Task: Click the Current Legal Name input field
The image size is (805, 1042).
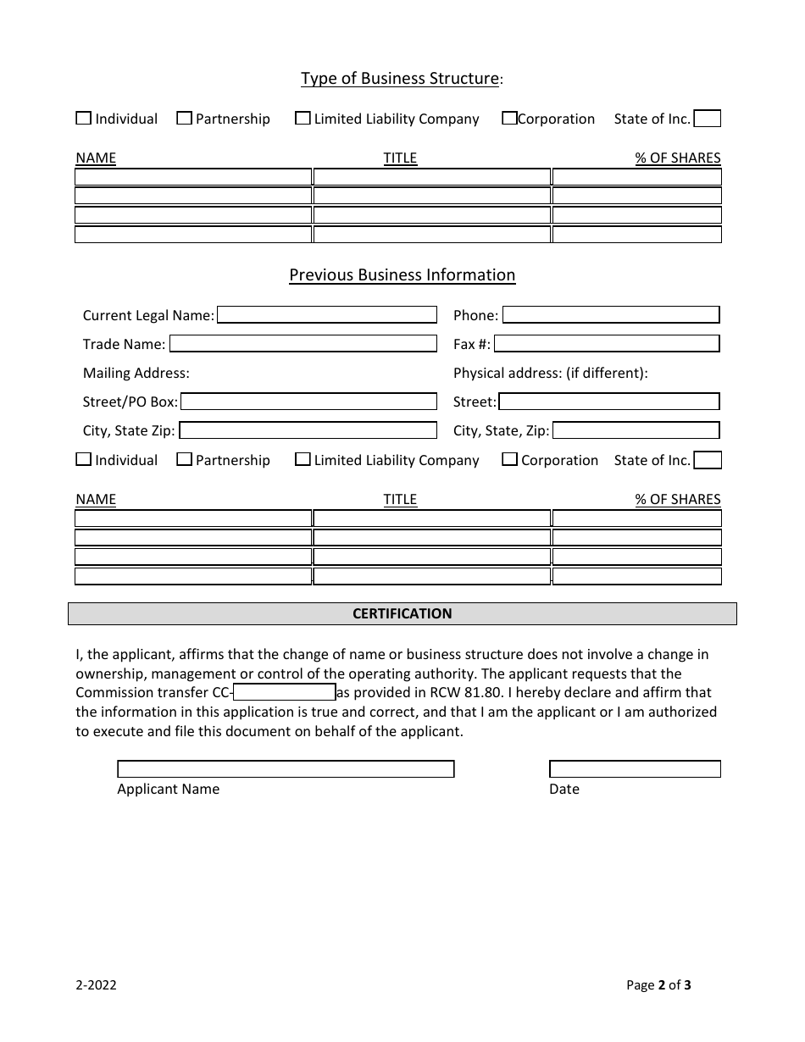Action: click(x=326, y=315)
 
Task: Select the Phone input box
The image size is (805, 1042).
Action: click(x=610, y=315)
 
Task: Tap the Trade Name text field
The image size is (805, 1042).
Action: click(x=303, y=344)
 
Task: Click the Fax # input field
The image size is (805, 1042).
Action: click(x=606, y=344)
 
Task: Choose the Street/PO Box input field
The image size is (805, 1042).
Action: click(x=308, y=402)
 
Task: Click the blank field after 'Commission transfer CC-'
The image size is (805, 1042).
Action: click(x=284, y=693)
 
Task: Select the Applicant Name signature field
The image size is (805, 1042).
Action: click(x=286, y=769)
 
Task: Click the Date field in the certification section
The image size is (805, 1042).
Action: click(x=635, y=769)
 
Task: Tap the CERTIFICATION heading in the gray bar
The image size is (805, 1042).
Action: click(x=402, y=613)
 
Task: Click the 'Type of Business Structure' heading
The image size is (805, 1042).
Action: click(x=400, y=79)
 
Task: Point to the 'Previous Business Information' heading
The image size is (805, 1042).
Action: click(x=402, y=275)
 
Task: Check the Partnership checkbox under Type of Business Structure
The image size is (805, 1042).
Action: click(x=184, y=119)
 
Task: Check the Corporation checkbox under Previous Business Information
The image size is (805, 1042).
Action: click(x=509, y=460)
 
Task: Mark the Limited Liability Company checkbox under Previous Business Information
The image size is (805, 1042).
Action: click(x=303, y=460)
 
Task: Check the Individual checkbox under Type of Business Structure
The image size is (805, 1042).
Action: click(x=83, y=119)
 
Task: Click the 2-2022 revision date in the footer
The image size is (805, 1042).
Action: click(x=96, y=985)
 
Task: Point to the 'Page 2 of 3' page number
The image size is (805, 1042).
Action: click(x=658, y=985)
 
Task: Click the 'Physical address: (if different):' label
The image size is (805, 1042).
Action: click(x=550, y=373)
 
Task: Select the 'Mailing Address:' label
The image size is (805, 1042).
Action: click(x=136, y=373)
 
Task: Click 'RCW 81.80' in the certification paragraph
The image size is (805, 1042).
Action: click(x=471, y=693)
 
